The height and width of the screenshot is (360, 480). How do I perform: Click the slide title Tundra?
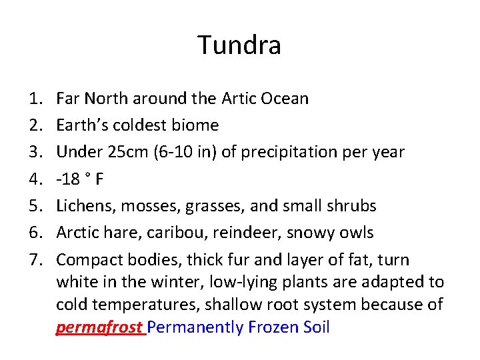point(239,45)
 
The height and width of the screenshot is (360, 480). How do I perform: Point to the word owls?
point(355,233)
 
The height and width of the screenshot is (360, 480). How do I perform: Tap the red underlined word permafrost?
point(99,327)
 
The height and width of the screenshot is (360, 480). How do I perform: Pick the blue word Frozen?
point(272,327)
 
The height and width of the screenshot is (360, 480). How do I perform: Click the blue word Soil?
point(315,327)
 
